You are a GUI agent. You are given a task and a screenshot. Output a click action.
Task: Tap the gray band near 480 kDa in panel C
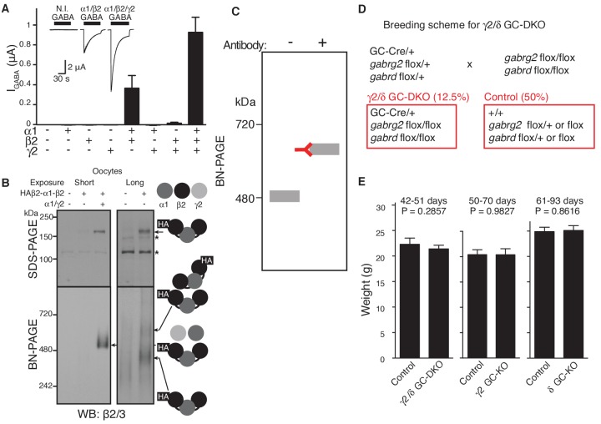coord(285,196)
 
